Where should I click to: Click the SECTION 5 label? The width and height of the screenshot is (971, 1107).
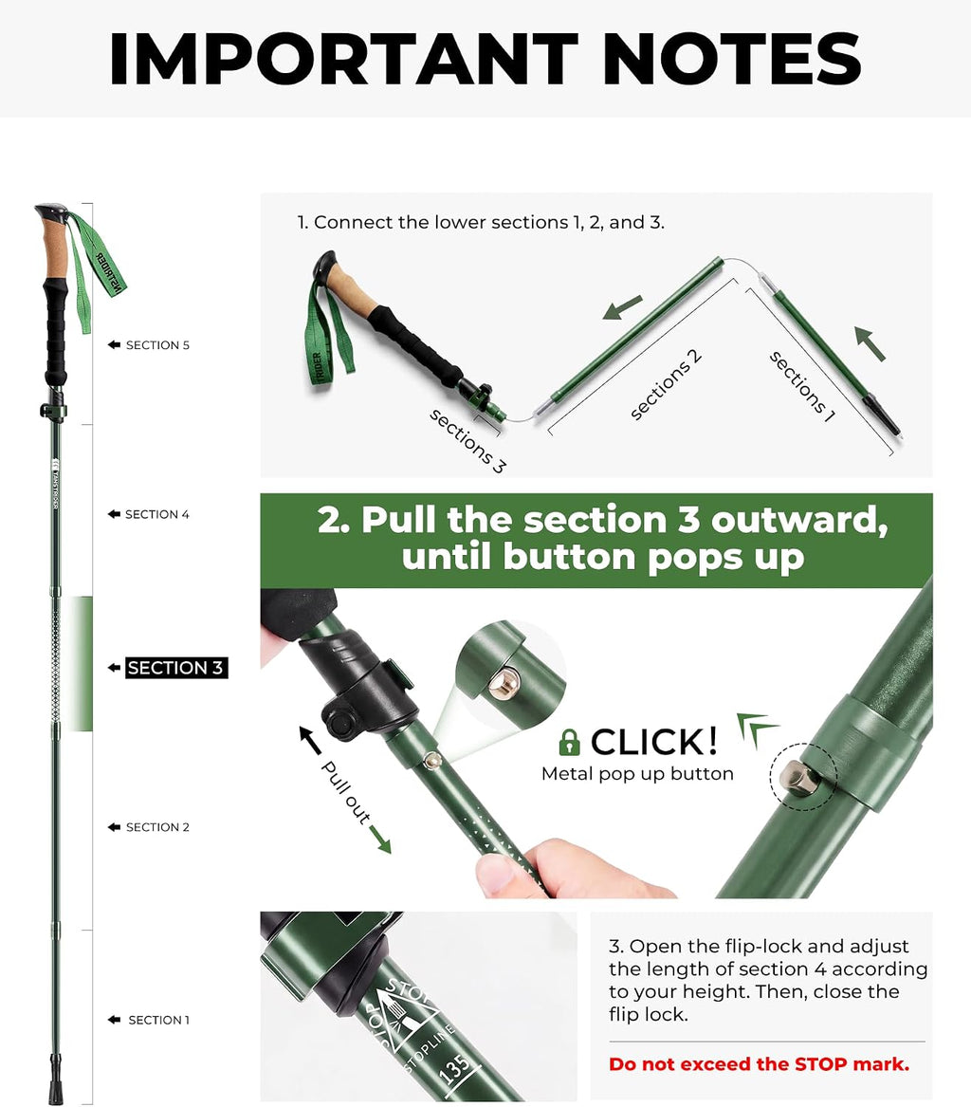point(157,345)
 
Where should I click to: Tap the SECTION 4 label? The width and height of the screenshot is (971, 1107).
point(156,515)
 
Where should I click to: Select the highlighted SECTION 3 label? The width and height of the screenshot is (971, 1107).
point(176,668)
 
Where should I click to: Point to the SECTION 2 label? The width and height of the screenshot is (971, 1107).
point(157,827)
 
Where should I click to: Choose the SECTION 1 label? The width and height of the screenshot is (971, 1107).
point(158,1020)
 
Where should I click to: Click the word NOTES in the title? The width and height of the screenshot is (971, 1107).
point(732,60)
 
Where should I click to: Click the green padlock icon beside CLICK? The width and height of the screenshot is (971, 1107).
point(569,742)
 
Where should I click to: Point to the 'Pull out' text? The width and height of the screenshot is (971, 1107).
point(346,793)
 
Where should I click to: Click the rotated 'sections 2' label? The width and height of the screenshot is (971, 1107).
point(666,385)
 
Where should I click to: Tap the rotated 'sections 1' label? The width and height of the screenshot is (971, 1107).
point(802,387)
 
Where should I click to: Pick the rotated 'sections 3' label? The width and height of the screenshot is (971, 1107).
point(467,441)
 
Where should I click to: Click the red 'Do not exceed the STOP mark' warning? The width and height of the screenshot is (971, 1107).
point(760,1064)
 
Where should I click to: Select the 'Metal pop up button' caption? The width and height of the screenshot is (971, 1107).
point(638,774)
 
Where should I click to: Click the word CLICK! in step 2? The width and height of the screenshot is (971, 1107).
point(654,742)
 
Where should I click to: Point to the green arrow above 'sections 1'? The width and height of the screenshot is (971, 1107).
point(870,343)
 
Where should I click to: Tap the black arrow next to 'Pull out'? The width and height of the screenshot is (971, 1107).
point(310,739)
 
